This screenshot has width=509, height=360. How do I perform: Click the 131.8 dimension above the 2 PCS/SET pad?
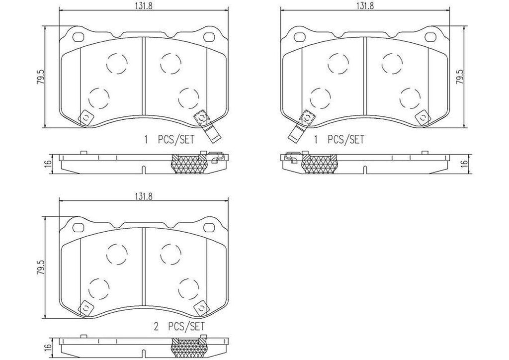click(142, 196)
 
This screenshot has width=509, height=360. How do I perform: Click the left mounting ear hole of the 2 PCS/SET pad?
click(78, 227)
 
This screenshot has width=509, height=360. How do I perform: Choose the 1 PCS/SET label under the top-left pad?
click(170, 140)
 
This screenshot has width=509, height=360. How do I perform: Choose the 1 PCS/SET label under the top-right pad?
click(339, 140)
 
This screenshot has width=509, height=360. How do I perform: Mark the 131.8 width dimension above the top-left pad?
click(142, 5)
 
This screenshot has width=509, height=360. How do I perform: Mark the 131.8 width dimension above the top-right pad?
click(364, 5)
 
